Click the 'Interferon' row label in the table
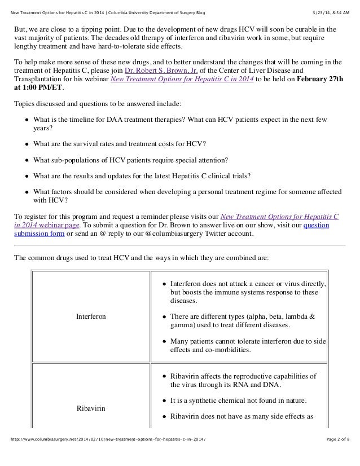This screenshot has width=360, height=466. point(91,316)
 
